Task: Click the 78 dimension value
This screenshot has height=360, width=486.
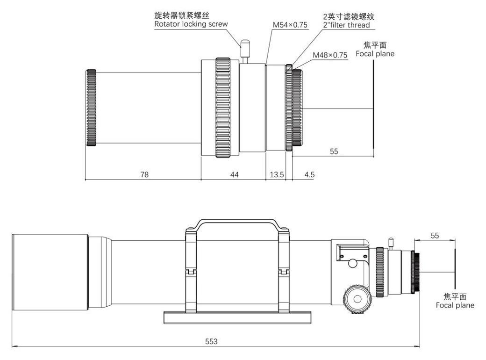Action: [144, 174]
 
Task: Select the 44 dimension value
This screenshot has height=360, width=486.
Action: [234, 174]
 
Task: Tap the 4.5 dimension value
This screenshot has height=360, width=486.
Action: [309, 174]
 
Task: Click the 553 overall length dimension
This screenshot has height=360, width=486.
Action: [212, 341]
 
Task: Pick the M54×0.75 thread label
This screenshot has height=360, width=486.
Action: [290, 25]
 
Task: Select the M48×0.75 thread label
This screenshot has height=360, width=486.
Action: [330, 55]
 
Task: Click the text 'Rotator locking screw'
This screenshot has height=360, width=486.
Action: [191, 24]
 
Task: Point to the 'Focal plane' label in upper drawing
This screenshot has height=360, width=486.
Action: [375, 54]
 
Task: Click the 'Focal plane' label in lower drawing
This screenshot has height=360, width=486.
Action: [455, 305]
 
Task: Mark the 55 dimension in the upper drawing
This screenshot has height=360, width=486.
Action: [334, 151]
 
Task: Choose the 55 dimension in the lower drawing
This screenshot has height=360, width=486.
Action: [435, 236]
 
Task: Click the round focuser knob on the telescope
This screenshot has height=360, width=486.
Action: [358, 300]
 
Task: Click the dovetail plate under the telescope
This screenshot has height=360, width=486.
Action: [237, 317]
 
